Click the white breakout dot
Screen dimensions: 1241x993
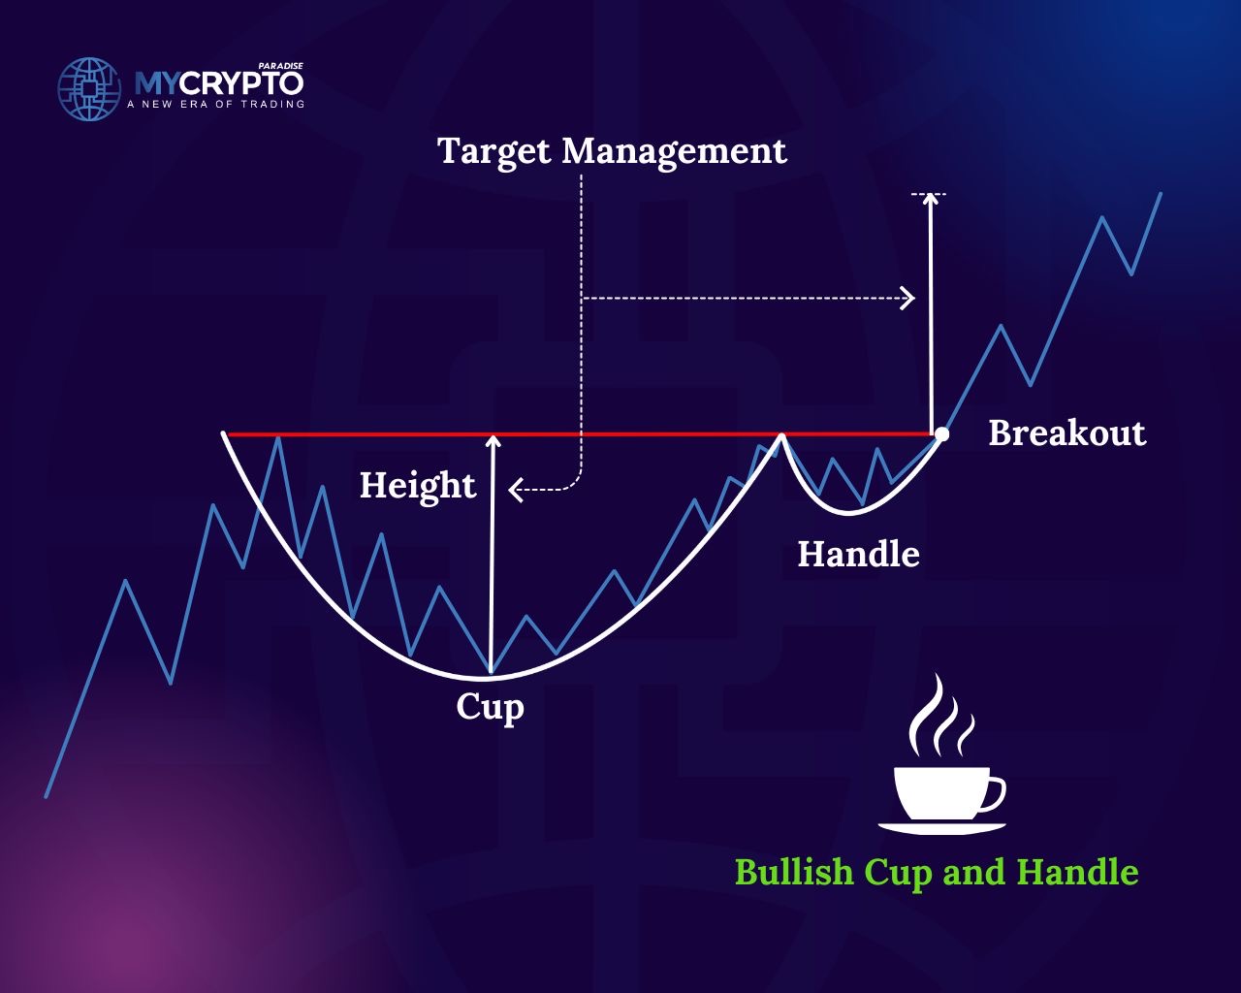(x=941, y=433)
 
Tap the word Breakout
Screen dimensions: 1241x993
(x=1067, y=432)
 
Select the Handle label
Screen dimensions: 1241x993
(x=859, y=554)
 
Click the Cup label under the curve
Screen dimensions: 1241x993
(x=491, y=708)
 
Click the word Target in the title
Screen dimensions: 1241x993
(x=494, y=152)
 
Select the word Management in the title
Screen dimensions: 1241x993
(x=675, y=152)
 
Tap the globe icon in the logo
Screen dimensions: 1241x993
(x=89, y=89)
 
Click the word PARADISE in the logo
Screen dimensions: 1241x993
(x=281, y=66)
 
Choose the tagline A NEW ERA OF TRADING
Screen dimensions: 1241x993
(x=215, y=105)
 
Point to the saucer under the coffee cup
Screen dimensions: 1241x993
(x=942, y=828)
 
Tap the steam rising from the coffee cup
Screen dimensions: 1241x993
(x=941, y=716)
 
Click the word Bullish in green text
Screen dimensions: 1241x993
(x=794, y=872)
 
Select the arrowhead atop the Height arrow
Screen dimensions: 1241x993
(x=493, y=442)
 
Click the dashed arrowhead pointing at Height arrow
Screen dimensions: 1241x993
(x=515, y=490)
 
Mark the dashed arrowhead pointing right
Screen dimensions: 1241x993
(x=908, y=299)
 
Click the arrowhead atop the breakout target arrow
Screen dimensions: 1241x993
(x=930, y=199)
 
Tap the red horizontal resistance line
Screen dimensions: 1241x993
(x=580, y=433)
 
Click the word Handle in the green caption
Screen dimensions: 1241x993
(x=1077, y=872)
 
